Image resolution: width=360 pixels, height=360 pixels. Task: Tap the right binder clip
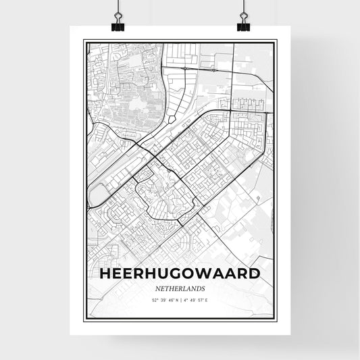click(243, 25)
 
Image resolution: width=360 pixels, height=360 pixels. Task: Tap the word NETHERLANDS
click(179, 287)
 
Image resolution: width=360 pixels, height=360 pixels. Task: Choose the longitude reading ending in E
click(197, 299)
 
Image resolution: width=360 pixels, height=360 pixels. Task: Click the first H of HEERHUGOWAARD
click(105, 274)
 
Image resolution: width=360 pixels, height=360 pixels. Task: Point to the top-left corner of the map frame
click(83, 41)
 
